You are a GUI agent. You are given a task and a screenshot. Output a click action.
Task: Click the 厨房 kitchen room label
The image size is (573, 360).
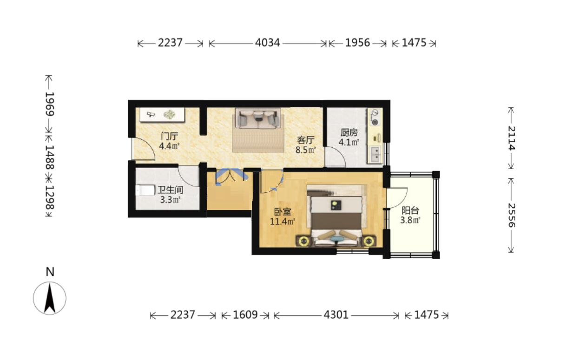click(x=349, y=132)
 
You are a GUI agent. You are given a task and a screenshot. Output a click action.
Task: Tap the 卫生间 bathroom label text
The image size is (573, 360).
click(x=170, y=190)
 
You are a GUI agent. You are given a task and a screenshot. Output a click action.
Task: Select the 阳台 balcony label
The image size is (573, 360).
click(x=410, y=210)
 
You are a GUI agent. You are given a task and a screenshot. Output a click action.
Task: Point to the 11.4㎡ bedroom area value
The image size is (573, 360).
click(x=283, y=221)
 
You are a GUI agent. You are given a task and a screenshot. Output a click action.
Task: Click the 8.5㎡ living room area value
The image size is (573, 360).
click(x=305, y=150)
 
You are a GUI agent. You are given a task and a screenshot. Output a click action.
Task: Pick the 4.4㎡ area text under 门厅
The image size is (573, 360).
click(x=169, y=146)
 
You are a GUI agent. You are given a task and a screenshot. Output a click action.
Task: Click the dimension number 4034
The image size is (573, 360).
click(x=268, y=43)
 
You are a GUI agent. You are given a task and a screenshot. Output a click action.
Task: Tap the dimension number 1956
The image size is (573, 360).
click(x=358, y=43)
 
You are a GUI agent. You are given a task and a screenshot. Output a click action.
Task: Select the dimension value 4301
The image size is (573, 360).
click(x=336, y=315)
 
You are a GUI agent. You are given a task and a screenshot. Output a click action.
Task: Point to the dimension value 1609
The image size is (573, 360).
click(x=245, y=315)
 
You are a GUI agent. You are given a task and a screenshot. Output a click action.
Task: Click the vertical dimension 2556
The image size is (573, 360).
click(x=511, y=215)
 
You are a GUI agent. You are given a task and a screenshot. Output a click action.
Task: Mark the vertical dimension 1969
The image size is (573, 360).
click(x=49, y=104)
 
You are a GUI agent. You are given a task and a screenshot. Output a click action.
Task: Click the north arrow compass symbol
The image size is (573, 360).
click(x=50, y=298)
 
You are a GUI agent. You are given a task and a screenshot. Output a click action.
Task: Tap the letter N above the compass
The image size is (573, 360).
click(x=50, y=272)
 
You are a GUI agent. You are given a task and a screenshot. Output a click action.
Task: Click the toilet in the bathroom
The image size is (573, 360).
click(x=145, y=190)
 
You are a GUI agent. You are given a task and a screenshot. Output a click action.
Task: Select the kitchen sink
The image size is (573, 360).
click(x=375, y=154)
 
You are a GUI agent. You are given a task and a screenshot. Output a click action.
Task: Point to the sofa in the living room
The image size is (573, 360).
click(x=258, y=118)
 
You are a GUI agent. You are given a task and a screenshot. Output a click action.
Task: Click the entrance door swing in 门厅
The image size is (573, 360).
click(x=143, y=149)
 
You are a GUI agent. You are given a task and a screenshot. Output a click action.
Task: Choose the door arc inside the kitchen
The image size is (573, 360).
click(x=335, y=157)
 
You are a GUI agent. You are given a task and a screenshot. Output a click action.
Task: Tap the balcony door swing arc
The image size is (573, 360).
click(x=397, y=198)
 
